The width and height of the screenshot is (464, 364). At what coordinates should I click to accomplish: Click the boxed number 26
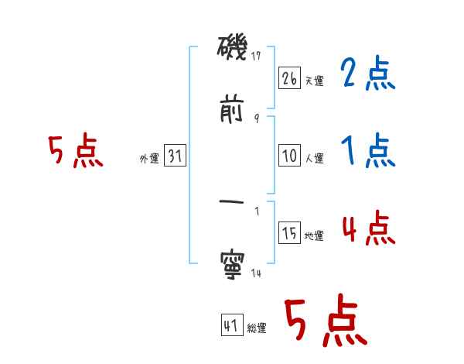[289, 78]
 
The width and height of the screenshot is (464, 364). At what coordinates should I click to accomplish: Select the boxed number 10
[289, 156]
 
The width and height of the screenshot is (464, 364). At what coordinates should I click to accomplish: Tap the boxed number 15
[289, 233]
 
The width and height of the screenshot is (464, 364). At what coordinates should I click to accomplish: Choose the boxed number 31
[175, 156]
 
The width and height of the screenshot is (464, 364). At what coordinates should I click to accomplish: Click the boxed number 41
[231, 326]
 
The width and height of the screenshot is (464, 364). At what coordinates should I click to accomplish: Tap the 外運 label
[149, 159]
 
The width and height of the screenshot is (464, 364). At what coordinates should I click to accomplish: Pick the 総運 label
[256, 329]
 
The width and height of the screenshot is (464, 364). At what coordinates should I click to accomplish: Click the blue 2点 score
[367, 75]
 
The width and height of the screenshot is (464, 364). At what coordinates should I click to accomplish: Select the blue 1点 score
[367, 150]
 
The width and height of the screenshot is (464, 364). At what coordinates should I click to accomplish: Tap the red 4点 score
[368, 228]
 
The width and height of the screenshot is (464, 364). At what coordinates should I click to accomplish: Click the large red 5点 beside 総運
[325, 322]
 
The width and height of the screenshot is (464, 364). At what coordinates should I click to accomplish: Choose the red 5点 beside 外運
[75, 152]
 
